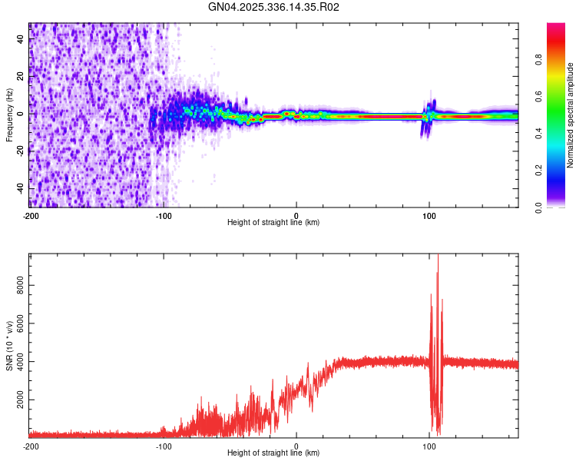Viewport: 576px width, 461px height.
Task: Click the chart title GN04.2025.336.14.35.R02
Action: [273, 7]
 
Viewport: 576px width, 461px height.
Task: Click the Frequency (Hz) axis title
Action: [9, 114]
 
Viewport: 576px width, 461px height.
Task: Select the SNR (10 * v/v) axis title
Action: [9, 346]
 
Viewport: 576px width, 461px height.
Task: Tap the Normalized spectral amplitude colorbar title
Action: [570, 115]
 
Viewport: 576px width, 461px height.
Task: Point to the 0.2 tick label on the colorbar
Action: [540, 171]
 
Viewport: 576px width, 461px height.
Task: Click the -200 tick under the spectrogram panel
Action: [31, 215]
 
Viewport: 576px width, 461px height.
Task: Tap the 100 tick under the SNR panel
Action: [429, 446]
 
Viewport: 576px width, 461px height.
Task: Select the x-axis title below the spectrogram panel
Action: [273, 223]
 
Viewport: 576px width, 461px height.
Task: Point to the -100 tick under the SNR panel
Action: [164, 446]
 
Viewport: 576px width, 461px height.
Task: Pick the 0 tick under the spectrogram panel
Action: [296, 215]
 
